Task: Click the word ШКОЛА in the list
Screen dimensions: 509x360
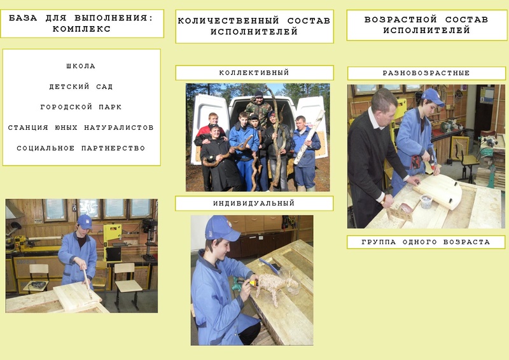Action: tap(81, 66)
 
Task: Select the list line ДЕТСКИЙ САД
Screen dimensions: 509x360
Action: tap(81, 87)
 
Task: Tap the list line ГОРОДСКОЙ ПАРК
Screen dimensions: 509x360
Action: tap(81, 107)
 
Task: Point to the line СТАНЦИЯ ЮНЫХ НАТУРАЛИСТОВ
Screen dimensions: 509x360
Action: tap(81, 128)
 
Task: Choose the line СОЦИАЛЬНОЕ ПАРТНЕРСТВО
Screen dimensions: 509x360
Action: tap(81, 148)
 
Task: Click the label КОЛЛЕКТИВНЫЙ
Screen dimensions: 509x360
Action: tap(254, 73)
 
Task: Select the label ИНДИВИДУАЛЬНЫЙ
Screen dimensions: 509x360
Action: tap(254, 204)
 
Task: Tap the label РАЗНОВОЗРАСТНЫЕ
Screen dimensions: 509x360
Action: tap(426, 73)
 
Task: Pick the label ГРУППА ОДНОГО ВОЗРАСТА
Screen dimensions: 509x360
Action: tap(426, 242)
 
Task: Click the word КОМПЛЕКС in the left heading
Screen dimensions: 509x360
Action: tap(81, 29)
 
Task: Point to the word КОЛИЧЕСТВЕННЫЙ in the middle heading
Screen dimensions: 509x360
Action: tap(228, 21)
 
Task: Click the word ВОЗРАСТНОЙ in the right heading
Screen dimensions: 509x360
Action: tap(401, 20)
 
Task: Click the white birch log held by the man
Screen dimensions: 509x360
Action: tap(309, 137)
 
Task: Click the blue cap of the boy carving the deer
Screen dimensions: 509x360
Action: tap(221, 228)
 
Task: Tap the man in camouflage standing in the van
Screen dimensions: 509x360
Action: tap(259, 107)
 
